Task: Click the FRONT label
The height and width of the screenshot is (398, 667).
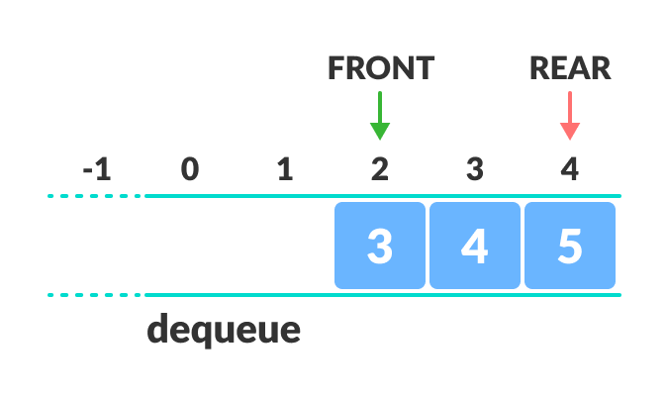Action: tap(381, 67)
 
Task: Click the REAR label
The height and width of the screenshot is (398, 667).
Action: tap(570, 67)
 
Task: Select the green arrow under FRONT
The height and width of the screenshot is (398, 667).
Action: tap(380, 116)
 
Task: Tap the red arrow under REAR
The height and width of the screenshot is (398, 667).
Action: tap(569, 116)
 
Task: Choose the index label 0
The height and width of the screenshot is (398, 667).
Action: tap(190, 169)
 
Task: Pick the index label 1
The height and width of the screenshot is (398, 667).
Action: tap(285, 169)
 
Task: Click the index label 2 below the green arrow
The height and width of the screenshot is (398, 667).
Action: tap(380, 169)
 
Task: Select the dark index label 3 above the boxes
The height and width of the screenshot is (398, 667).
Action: tap(475, 169)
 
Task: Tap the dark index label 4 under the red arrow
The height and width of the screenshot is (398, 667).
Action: tap(569, 169)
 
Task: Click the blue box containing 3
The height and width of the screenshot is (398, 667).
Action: tap(380, 246)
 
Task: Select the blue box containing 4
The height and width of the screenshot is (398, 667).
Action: tap(475, 246)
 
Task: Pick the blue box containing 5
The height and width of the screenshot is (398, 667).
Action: tap(570, 246)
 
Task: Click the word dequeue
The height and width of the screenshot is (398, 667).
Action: tap(224, 330)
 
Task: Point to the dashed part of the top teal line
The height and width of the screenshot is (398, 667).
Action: tap(94, 196)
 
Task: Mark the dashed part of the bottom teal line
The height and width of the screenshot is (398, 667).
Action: tap(94, 295)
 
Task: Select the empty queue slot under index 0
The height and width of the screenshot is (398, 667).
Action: tap(190, 246)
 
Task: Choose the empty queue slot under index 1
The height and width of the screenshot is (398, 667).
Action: tap(285, 246)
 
